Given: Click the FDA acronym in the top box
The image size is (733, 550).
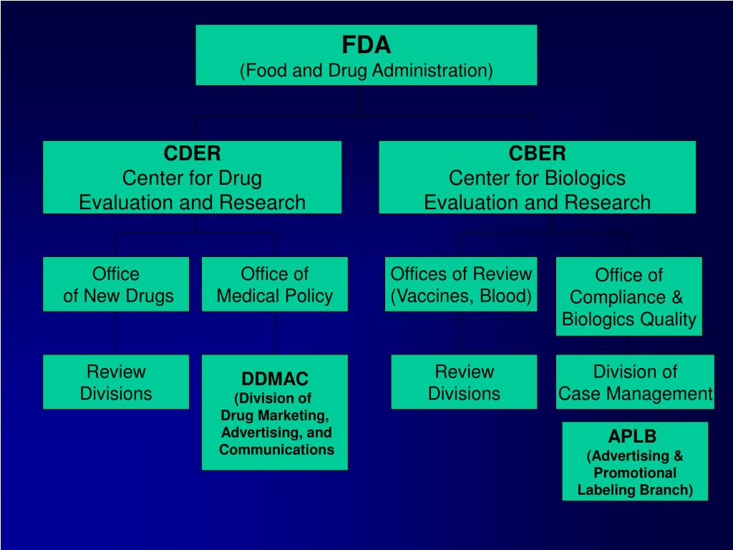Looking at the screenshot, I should [366, 46].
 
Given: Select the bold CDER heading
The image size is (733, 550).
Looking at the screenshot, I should [192, 153].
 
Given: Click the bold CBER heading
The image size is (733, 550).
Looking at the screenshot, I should [537, 153].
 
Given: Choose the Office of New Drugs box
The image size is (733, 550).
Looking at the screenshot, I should [116, 284].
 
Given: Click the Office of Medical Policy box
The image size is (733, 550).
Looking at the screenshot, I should [275, 284].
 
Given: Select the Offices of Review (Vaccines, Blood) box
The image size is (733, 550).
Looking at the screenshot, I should [461, 284].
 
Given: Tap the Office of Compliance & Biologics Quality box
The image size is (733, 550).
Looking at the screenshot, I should [629, 296].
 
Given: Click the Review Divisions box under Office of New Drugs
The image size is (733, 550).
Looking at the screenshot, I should [116, 382].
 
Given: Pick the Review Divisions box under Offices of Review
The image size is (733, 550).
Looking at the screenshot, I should [464, 382].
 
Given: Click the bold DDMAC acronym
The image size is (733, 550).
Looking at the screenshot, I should [275, 379].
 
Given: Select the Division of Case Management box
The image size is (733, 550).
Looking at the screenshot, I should [635, 382].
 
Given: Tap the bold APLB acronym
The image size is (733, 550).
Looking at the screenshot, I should [633, 436].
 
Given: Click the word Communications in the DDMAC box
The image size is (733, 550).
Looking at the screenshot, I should [276, 450].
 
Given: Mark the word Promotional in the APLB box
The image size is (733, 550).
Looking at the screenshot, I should [635, 473].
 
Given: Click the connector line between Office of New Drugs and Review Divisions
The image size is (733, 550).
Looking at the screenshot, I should [116, 333].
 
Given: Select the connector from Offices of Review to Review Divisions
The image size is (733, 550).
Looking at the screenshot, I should [459, 333].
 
